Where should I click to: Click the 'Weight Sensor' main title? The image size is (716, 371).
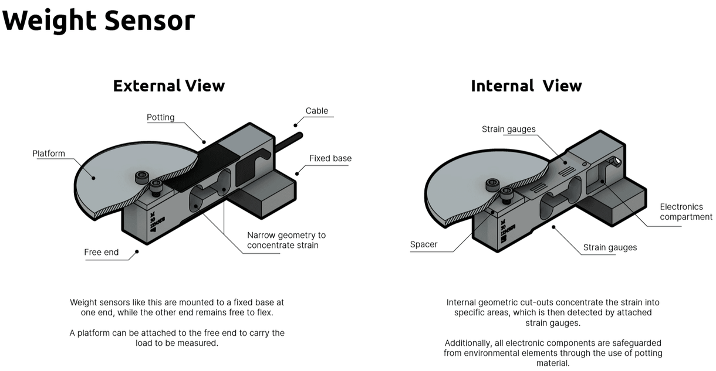tap(99, 21)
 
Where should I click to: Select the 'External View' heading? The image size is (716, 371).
tap(169, 86)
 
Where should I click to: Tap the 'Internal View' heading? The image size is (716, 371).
tap(526, 86)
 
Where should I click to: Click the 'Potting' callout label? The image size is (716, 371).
tap(160, 117)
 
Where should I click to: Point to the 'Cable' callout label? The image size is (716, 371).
tap(317, 111)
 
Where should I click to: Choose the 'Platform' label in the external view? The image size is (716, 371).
tap(49, 154)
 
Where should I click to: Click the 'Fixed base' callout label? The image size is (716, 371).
tap(330, 158)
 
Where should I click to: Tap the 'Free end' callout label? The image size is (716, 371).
tap(102, 252)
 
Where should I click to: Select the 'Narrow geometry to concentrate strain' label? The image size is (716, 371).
tap(286, 240)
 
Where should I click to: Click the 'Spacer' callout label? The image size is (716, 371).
tap(424, 244)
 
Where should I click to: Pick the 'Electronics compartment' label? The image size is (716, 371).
tap(686, 212)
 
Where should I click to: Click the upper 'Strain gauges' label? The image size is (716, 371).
tap(509, 130)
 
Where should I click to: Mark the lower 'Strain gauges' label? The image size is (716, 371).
tap(610, 247)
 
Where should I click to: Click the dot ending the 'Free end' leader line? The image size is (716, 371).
tap(137, 251)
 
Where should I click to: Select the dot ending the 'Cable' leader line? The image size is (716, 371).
tap(296, 125)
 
